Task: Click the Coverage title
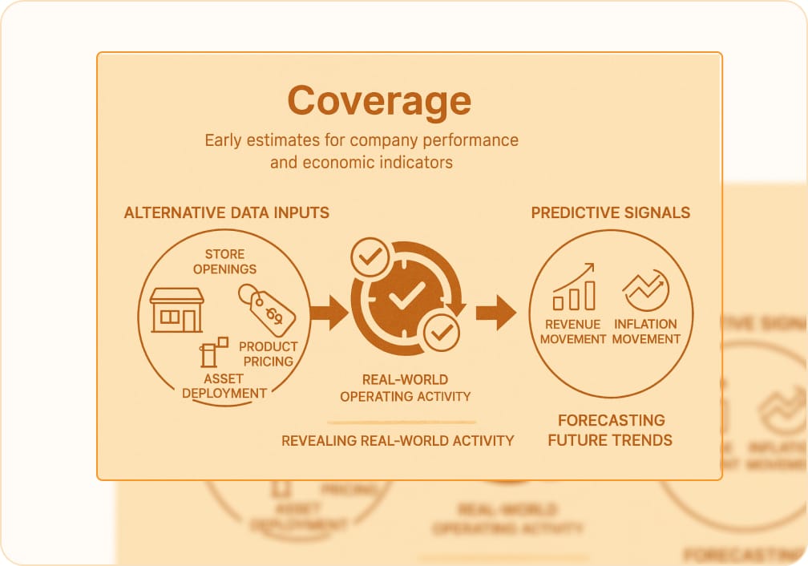(x=379, y=101)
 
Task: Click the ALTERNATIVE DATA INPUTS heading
(x=226, y=212)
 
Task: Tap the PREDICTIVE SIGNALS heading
(x=610, y=212)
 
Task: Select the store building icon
(x=177, y=310)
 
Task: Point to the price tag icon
(x=267, y=310)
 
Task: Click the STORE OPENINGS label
(x=224, y=262)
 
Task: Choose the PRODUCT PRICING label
(x=269, y=354)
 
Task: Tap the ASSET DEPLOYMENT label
(x=224, y=386)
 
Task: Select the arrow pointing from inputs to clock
(x=329, y=312)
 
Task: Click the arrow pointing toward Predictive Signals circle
(x=495, y=312)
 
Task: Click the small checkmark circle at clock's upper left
(x=370, y=257)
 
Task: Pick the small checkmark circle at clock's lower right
(x=441, y=332)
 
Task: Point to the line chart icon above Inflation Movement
(x=645, y=290)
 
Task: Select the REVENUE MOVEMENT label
(x=573, y=331)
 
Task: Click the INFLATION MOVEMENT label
(x=646, y=331)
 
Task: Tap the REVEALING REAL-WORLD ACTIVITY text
(x=398, y=440)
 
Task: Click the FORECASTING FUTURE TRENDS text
(x=610, y=430)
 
